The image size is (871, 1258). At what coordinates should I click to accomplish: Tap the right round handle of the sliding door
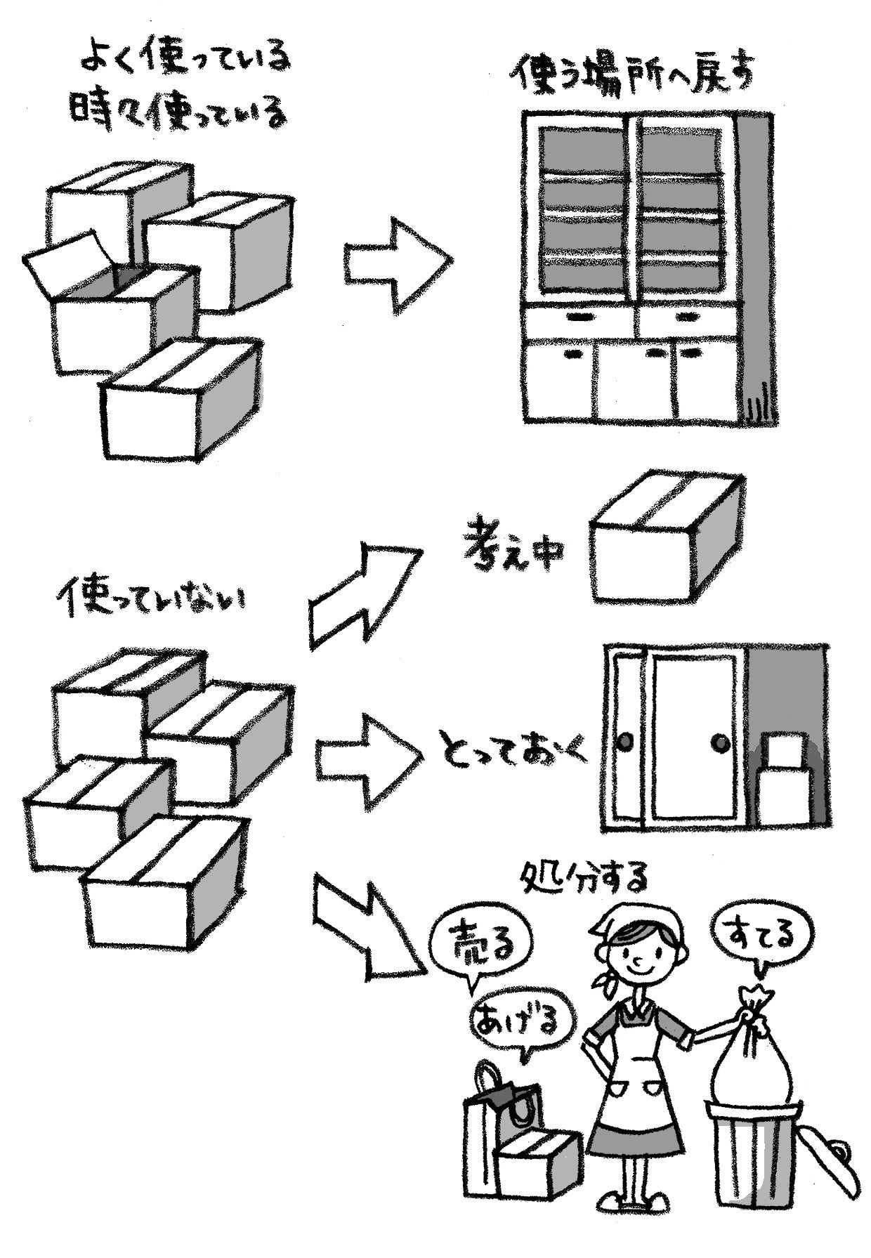point(719,742)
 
